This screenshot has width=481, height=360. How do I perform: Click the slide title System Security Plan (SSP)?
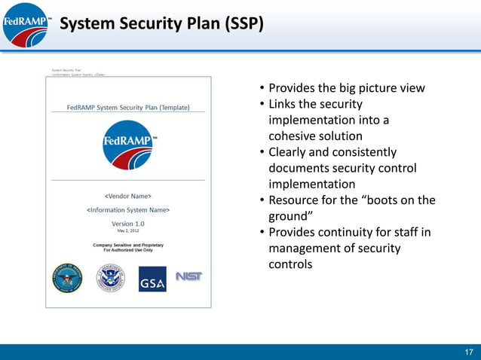click(x=161, y=24)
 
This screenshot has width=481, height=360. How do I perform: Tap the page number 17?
click(x=468, y=352)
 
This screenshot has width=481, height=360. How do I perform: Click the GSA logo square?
click(x=152, y=279)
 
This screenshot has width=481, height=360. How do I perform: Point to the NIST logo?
click(x=188, y=276)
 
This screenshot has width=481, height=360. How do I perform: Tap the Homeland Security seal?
click(x=110, y=279)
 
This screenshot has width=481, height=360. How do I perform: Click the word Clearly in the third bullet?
click(x=289, y=152)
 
